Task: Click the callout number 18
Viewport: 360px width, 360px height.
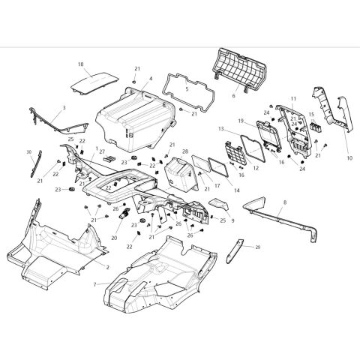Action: click(x=81, y=65)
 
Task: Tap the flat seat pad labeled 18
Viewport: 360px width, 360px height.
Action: click(x=94, y=79)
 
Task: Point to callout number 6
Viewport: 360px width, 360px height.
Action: click(x=233, y=96)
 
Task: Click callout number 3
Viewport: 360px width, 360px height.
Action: click(x=64, y=108)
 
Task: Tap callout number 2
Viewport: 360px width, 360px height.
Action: click(x=106, y=267)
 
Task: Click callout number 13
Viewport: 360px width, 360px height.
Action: click(x=221, y=128)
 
